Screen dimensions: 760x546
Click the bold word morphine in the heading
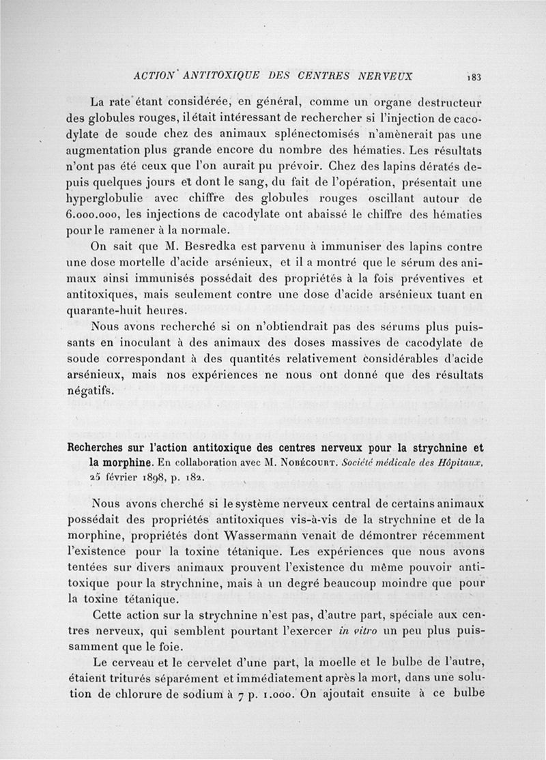point(117,463)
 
